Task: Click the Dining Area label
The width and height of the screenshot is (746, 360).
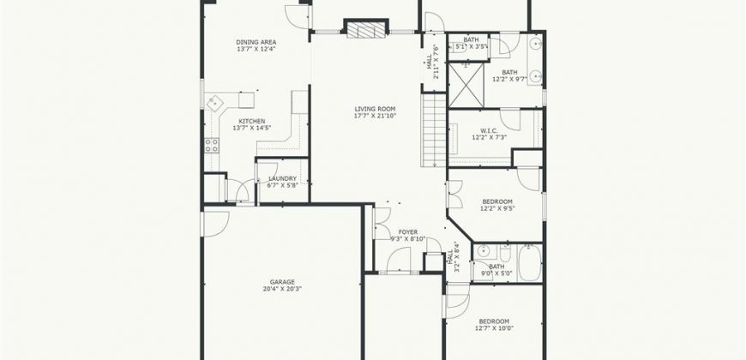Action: [256, 42]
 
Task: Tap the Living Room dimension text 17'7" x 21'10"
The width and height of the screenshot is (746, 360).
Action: [376, 116]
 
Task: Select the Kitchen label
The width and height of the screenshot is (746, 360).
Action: [252, 121]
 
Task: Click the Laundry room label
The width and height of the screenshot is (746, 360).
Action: [283, 179]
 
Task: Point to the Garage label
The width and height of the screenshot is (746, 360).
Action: [283, 282]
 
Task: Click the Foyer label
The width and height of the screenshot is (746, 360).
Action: [408, 232]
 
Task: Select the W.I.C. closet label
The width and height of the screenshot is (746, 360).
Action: [488, 131]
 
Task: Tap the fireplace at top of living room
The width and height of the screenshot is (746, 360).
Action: [366, 27]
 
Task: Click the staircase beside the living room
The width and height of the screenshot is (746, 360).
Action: [433, 129]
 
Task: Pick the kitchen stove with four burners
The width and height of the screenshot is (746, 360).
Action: [212, 146]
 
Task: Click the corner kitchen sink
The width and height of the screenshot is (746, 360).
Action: [214, 103]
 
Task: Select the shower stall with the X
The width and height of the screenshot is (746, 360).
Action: [466, 85]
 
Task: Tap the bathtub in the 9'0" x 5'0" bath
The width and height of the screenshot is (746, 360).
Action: [530, 263]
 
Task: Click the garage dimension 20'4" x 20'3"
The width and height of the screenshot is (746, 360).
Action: [283, 289]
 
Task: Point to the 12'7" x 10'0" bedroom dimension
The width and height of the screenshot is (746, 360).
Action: [494, 328]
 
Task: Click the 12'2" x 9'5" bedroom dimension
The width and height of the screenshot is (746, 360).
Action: [497, 208]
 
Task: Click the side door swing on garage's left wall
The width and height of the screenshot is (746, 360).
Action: [215, 224]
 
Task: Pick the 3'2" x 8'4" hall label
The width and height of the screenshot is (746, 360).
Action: [454, 257]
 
